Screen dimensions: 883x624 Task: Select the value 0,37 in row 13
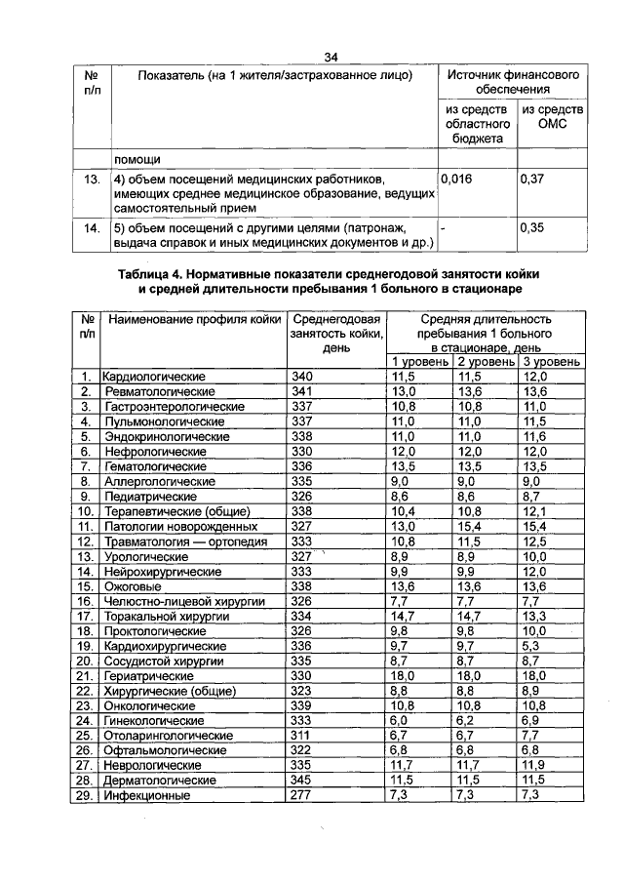531,180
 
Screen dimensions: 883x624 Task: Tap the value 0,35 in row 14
531,227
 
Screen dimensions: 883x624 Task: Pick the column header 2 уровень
484,361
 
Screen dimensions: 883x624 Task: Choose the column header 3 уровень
551,361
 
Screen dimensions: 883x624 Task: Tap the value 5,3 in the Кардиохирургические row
532,646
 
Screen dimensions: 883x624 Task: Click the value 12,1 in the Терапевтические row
536,510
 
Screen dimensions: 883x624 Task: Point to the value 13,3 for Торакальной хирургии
536,616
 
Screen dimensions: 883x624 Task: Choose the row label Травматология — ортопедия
179,541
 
